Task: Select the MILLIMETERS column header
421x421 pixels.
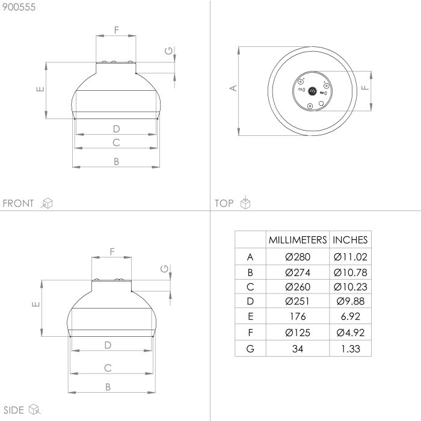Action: click(298, 239)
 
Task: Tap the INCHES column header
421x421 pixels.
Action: click(350, 239)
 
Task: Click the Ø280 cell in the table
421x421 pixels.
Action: click(298, 257)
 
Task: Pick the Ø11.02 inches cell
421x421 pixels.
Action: click(350, 257)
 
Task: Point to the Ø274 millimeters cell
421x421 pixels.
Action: click(298, 272)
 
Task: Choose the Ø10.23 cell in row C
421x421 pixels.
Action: click(350, 287)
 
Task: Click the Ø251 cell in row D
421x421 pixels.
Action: click(298, 302)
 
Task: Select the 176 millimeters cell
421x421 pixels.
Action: click(298, 317)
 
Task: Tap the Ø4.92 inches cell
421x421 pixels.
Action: click(350, 333)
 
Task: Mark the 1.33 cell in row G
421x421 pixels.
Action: click(350, 348)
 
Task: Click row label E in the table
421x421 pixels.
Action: click(250, 317)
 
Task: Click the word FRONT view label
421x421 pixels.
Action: click(19, 203)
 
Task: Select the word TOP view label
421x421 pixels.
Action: click(224, 203)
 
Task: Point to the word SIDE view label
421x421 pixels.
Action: click(13, 410)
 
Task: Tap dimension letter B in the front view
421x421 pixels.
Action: click(117, 161)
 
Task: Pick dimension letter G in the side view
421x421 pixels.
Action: click(164, 269)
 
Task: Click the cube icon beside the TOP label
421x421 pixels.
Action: click(245, 203)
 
